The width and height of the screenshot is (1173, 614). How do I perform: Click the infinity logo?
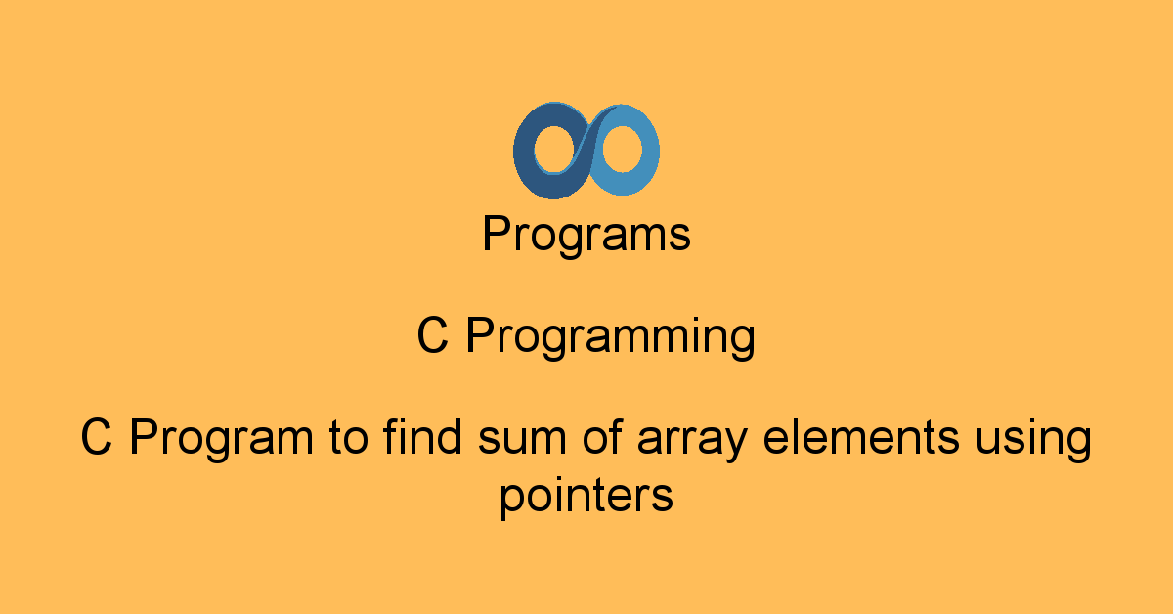tap(586, 151)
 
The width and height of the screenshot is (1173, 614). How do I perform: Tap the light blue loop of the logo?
tap(649, 152)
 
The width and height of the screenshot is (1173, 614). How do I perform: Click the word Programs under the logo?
tap(586, 235)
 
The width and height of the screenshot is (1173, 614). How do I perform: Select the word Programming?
tap(611, 337)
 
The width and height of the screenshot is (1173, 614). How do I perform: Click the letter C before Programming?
tap(432, 335)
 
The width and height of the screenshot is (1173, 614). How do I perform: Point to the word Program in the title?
tap(221, 437)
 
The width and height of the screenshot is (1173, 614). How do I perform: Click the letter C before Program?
tap(97, 436)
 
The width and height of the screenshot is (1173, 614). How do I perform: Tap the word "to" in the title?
tap(349, 438)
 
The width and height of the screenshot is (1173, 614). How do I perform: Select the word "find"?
tap(422, 436)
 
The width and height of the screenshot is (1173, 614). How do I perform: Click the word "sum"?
tap(522, 440)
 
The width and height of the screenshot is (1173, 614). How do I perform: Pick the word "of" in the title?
tap(602, 436)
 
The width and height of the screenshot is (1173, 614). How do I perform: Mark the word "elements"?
tap(861, 436)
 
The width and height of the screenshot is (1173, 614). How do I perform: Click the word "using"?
tap(1033, 440)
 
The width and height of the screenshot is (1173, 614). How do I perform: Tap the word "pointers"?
tap(586, 498)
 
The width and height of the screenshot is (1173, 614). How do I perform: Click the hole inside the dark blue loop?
tap(554, 150)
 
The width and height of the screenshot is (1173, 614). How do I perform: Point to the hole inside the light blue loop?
tap(622, 149)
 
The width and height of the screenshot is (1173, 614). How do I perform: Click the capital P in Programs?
tap(497, 233)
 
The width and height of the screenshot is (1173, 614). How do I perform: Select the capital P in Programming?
tap(480, 335)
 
